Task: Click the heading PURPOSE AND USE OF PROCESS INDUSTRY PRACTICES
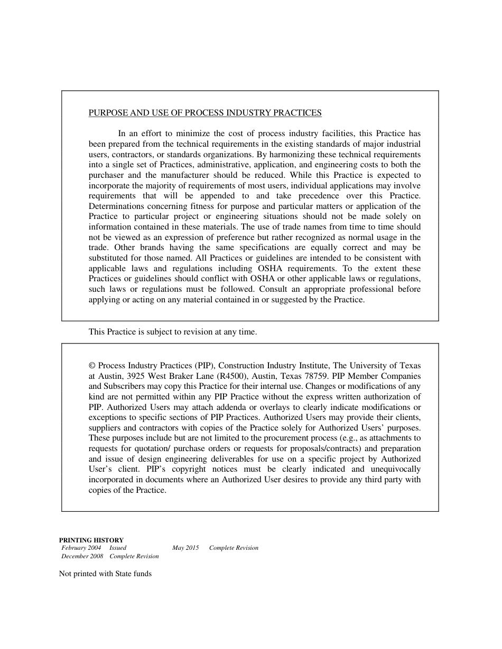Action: point(205,113)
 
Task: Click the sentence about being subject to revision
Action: point(172,332)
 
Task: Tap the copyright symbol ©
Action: point(92,366)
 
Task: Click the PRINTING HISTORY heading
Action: point(91,540)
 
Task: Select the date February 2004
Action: point(81,548)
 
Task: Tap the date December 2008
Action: point(82,557)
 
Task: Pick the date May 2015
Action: point(185,548)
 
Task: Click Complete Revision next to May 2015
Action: point(234,548)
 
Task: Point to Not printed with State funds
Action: point(105,574)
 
